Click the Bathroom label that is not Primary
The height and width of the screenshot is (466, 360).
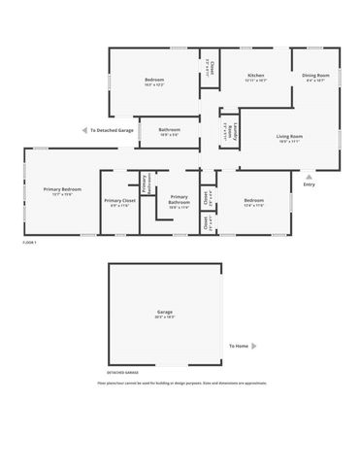(x=170, y=131)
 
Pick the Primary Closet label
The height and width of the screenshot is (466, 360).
(x=119, y=202)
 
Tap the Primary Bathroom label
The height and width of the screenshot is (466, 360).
(x=179, y=202)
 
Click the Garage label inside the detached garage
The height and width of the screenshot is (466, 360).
(x=165, y=314)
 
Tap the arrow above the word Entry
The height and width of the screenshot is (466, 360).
(x=309, y=177)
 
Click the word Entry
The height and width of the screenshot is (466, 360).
(x=309, y=184)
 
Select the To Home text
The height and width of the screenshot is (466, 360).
(x=239, y=347)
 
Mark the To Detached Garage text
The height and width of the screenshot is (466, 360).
(x=113, y=129)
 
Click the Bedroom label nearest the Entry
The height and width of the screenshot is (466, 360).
(x=254, y=202)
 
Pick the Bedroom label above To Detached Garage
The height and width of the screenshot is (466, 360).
(x=155, y=82)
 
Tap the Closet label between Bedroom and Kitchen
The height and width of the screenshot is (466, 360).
(x=211, y=67)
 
